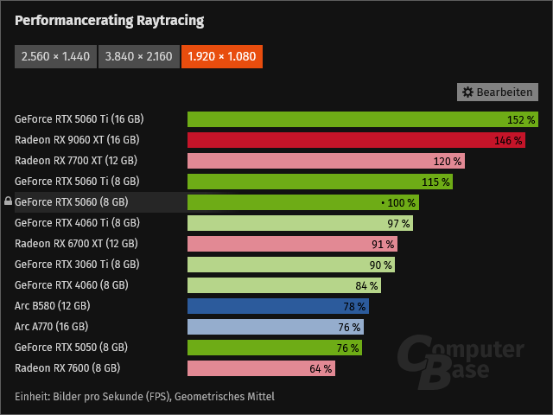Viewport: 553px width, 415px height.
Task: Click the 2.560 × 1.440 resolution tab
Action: point(55,57)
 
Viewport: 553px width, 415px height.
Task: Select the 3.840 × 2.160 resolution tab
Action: point(138,57)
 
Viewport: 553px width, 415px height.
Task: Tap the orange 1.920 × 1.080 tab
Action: point(221,57)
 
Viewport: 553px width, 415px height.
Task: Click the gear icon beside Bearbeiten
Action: point(468,92)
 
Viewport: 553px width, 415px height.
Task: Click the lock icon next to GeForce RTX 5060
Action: point(8,202)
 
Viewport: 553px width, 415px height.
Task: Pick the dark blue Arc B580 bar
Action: point(278,306)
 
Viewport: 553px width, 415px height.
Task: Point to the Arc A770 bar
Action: point(275,327)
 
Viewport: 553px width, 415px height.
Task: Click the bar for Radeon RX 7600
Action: point(261,368)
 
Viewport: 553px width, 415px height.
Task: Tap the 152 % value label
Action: point(521,119)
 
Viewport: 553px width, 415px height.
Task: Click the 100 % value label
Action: point(401,202)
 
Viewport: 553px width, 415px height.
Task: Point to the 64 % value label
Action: point(321,368)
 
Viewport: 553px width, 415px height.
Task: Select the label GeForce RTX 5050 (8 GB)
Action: point(71,348)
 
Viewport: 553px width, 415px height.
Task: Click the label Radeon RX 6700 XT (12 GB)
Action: point(76,244)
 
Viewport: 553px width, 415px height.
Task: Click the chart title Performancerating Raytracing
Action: point(110,20)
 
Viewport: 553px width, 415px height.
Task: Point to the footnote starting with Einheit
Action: point(144,396)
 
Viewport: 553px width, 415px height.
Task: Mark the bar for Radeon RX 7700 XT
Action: point(326,161)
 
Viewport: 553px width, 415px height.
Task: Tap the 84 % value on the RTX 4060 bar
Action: point(366,285)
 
